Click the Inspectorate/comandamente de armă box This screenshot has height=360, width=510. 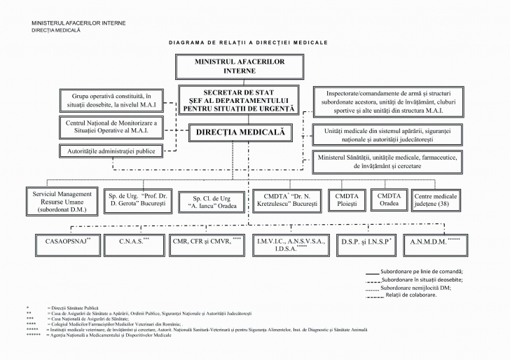pos(387,102)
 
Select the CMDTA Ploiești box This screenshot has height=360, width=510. pos(347,200)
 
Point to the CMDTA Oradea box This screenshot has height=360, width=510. pos(389,200)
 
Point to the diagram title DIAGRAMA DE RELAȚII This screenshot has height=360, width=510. pos(248,43)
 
